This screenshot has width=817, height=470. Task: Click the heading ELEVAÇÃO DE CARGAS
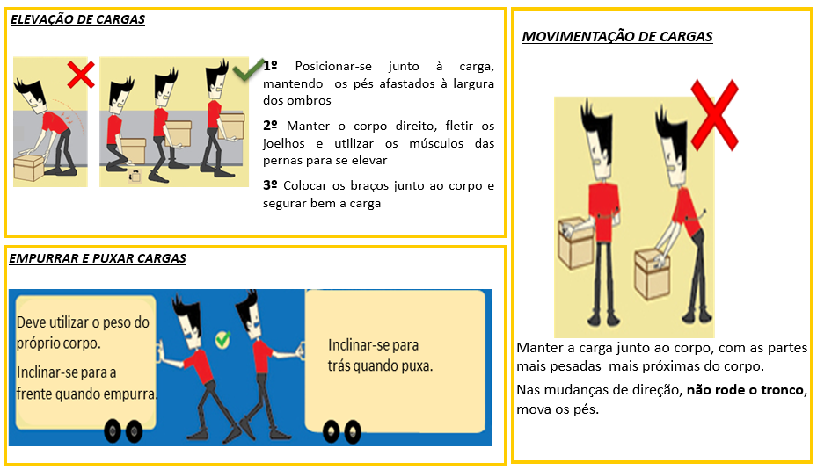[x=77, y=20]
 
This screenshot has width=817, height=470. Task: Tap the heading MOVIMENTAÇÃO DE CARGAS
[x=617, y=36]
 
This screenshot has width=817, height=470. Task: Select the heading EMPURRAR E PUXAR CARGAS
[x=98, y=258]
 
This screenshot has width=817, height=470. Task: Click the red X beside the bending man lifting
[x=81, y=75]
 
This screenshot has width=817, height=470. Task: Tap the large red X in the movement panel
[x=714, y=115]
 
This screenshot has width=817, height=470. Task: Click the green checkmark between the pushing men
[x=222, y=340]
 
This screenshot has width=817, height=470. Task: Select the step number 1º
[x=270, y=66]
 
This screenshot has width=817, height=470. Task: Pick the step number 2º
[x=270, y=126]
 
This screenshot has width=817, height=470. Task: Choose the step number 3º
[x=270, y=185]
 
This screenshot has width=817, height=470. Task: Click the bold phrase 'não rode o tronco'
[x=745, y=390]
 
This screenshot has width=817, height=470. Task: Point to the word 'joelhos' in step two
[x=284, y=144]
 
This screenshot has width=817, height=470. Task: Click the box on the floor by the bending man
[x=29, y=168]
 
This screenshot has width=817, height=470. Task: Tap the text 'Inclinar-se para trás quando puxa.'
[x=380, y=356]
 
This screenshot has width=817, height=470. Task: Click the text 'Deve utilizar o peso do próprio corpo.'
[x=83, y=333]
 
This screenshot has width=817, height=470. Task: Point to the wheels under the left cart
[x=123, y=431]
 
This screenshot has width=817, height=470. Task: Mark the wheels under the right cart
[x=342, y=431]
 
